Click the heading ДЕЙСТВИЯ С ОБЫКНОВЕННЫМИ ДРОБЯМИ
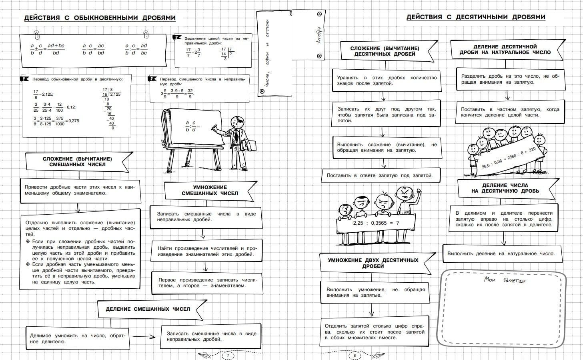point(100,18)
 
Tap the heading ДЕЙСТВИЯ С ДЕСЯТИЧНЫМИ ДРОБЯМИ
point(476,17)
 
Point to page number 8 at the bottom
point(355,355)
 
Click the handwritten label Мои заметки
point(505,280)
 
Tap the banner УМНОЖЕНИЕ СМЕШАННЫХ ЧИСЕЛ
point(210,190)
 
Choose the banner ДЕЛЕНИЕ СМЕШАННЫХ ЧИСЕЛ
point(148,309)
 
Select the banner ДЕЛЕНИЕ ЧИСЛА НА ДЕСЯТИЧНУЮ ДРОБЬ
point(505,188)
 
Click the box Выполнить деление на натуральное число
point(501,253)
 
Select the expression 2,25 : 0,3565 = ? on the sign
point(376,223)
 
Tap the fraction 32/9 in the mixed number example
point(190,94)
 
